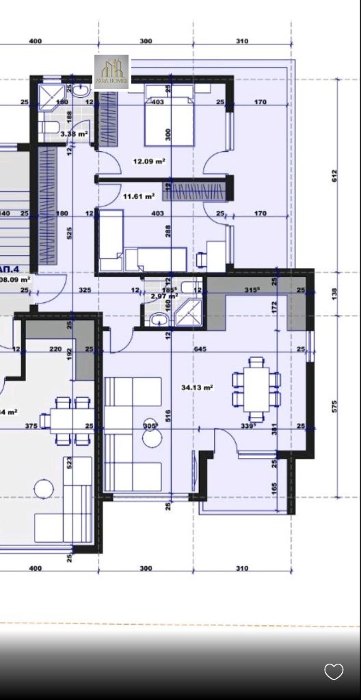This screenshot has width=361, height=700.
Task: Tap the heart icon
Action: [x=334, y=671]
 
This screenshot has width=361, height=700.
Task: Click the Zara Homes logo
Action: [x=111, y=71]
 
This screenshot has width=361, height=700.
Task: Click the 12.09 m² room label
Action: [x=149, y=161]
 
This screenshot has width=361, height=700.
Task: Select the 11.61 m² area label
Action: [x=138, y=196]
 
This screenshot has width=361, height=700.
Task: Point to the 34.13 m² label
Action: [x=197, y=388]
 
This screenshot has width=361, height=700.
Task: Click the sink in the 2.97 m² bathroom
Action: [x=159, y=319]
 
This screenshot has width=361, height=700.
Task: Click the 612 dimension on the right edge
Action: [x=335, y=175]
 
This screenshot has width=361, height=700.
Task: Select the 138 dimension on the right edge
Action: [x=335, y=293]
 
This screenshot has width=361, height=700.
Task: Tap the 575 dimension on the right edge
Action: [x=335, y=406]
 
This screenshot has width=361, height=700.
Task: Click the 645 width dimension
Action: [x=200, y=349]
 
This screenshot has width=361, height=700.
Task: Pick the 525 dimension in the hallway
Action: [x=70, y=233]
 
